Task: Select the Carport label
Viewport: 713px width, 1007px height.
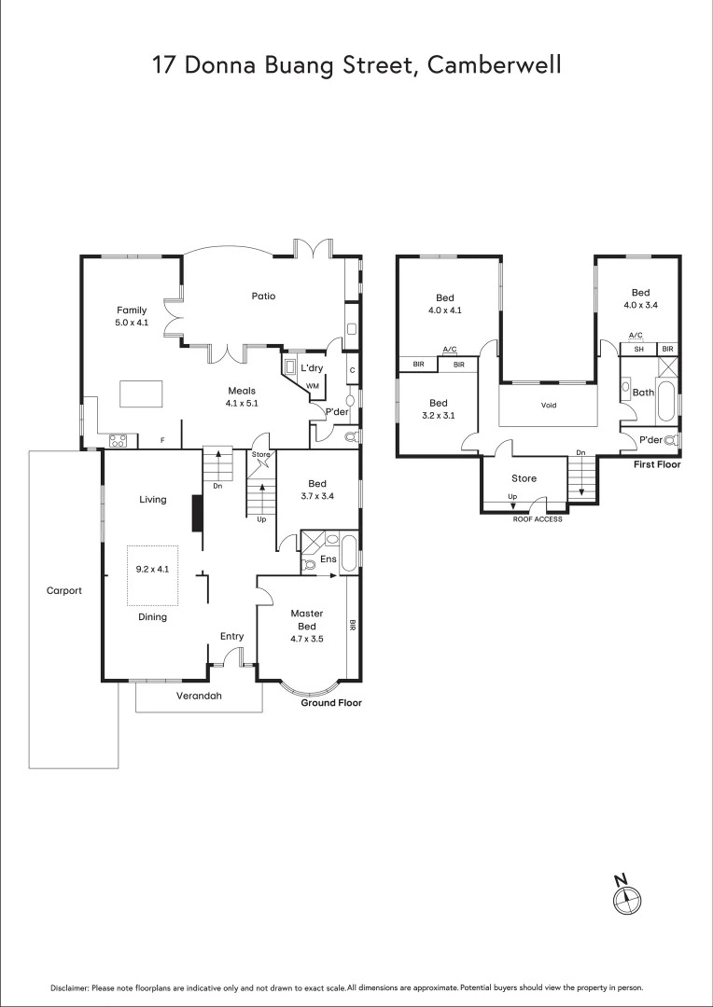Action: pos(64,590)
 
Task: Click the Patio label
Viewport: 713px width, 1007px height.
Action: pos(263,297)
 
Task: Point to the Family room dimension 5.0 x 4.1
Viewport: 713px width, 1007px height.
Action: pos(132,323)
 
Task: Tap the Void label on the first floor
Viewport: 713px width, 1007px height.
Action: pos(548,406)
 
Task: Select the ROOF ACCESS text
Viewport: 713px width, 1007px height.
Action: pos(538,519)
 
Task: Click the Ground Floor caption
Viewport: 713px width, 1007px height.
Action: pos(330,703)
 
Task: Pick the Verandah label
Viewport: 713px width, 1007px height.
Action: pos(199,696)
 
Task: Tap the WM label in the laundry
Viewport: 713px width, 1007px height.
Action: pos(312,385)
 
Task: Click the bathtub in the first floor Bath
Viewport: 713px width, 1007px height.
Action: pos(666,401)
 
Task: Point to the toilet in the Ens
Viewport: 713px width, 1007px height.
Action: pos(310,563)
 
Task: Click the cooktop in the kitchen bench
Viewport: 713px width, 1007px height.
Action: pos(119,440)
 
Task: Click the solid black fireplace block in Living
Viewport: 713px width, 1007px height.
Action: pos(197,514)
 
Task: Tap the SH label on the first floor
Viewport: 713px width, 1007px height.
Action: pos(638,349)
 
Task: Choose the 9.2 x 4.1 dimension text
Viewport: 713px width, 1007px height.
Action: pos(152,569)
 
